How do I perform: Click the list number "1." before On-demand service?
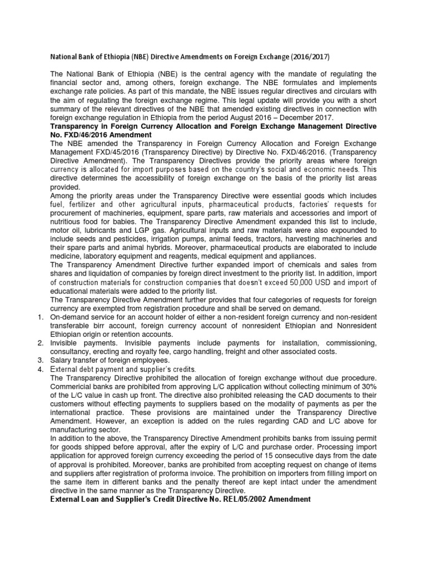tap(40, 316)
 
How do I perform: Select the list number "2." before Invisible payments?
tap(40, 343)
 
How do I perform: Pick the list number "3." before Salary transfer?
tap(40, 360)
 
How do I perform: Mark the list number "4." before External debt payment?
tap(40, 369)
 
